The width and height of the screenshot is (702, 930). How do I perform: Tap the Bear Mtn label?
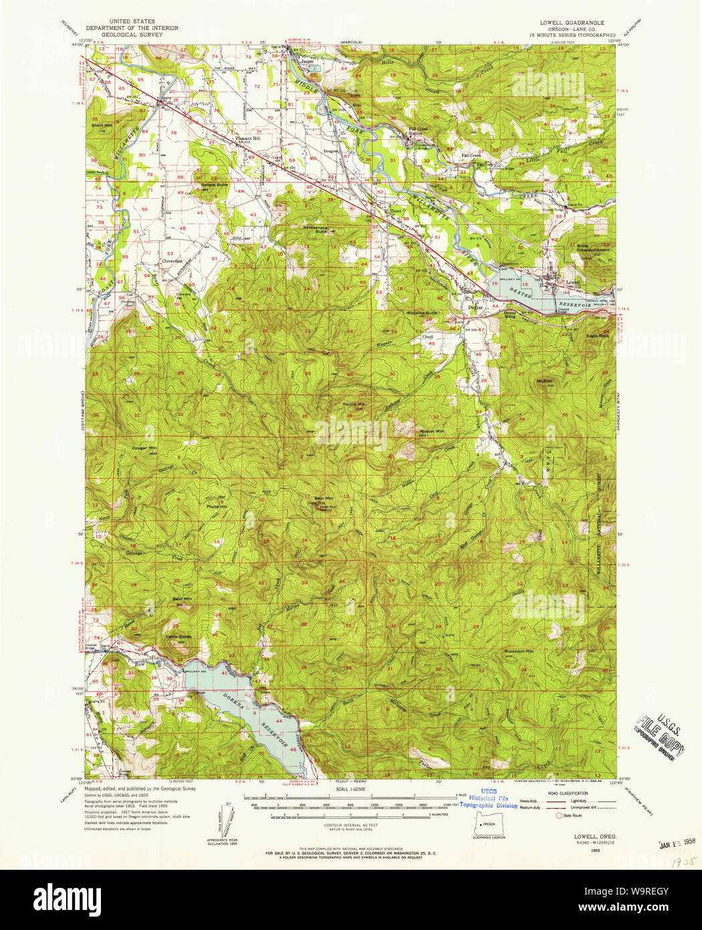(x=324, y=498)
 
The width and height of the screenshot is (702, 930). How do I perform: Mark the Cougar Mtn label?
(x=144, y=448)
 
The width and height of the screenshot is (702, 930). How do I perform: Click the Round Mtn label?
(x=354, y=404)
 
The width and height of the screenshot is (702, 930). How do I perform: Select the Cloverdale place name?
(x=172, y=261)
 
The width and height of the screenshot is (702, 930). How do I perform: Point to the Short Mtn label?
(x=102, y=125)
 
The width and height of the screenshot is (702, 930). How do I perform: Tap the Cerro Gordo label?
(x=179, y=636)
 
